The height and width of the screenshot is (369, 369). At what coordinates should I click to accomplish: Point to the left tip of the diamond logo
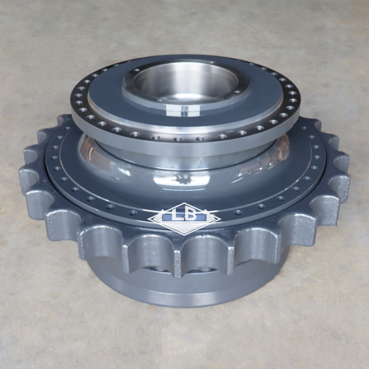click(x=149, y=219)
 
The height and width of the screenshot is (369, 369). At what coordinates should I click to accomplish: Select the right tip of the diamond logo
click(x=221, y=219)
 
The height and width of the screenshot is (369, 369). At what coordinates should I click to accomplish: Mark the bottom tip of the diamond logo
click(x=184, y=235)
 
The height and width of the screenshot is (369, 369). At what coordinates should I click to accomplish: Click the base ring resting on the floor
click(x=184, y=291)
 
